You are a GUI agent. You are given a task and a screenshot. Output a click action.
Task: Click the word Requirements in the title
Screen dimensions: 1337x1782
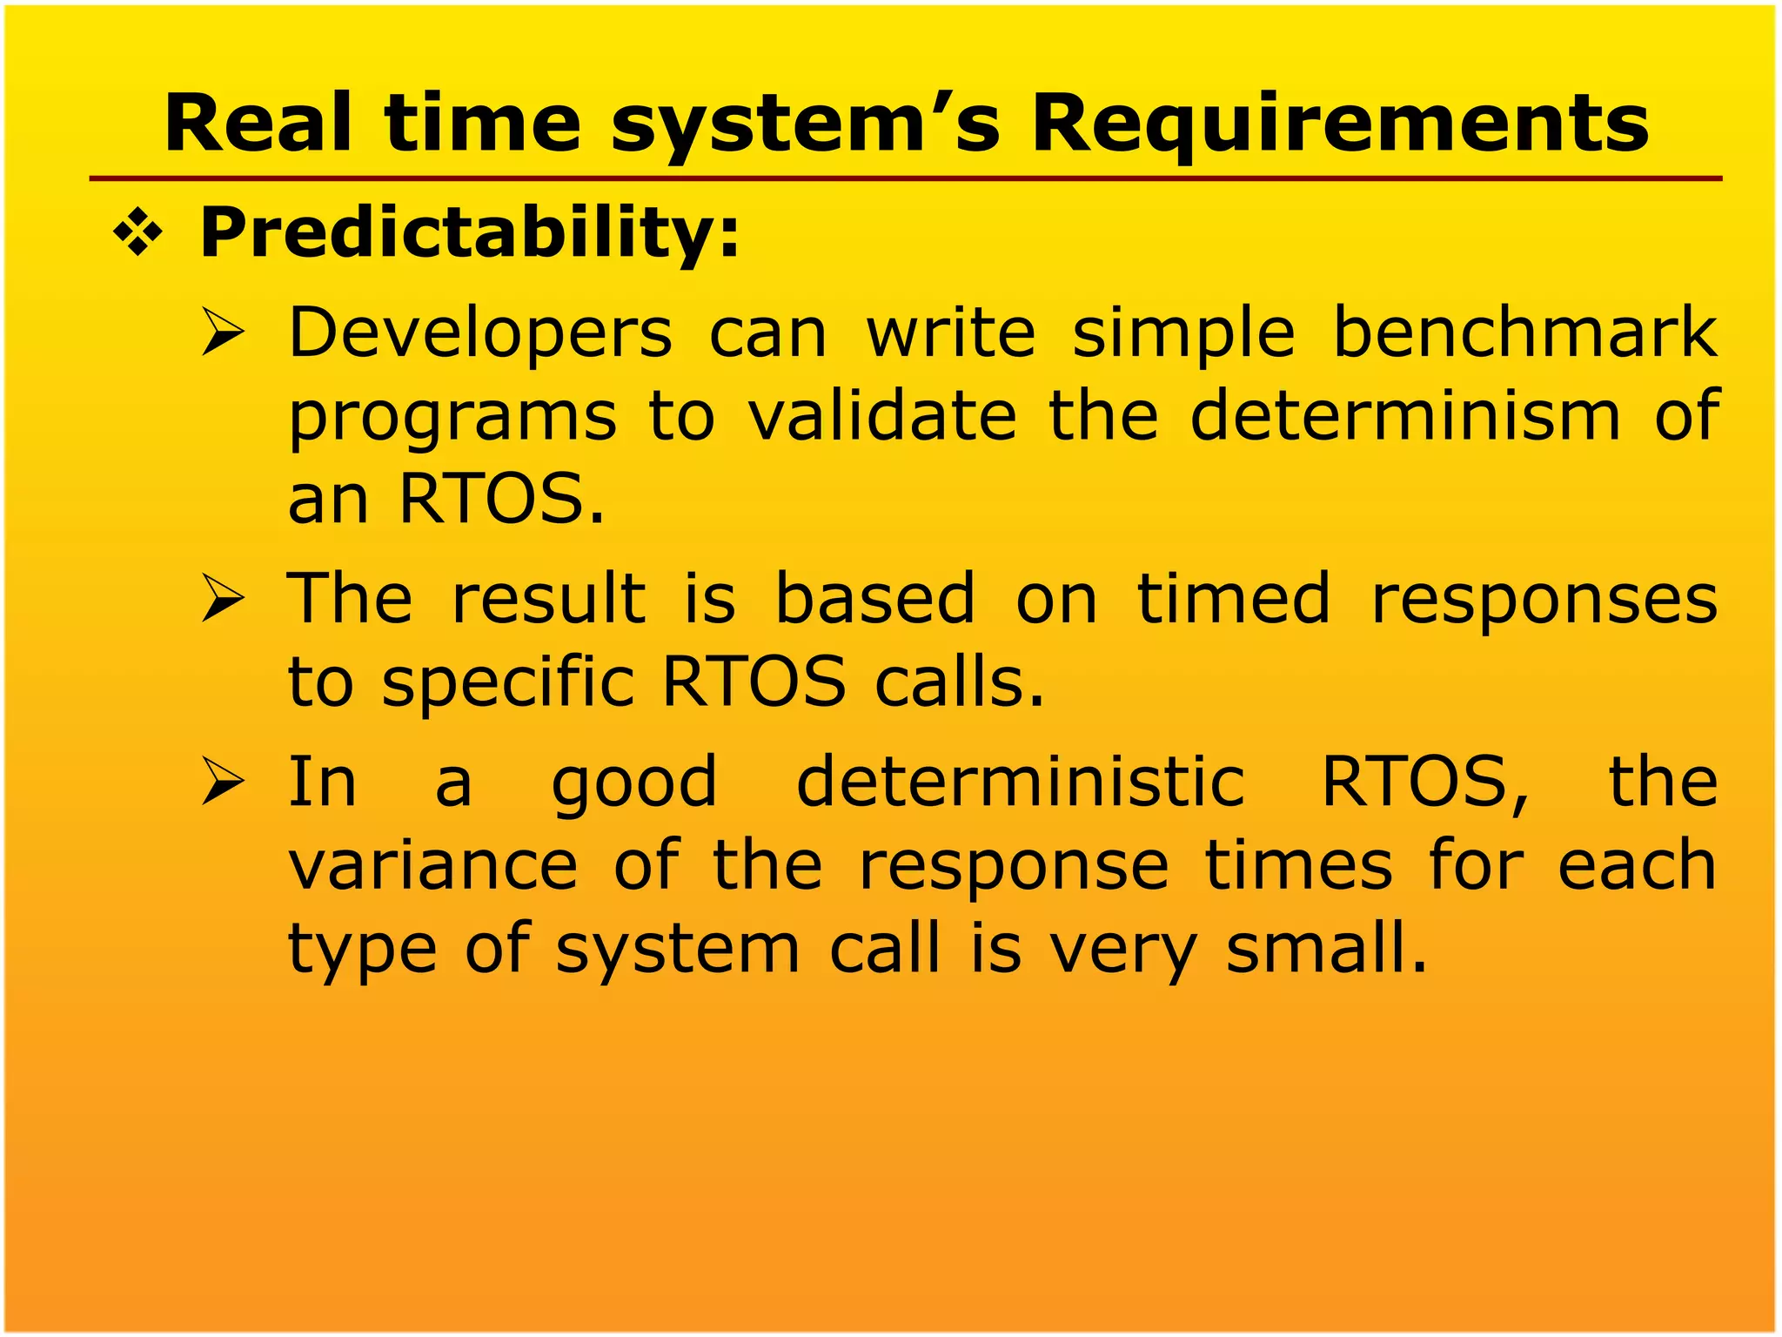coord(1339,124)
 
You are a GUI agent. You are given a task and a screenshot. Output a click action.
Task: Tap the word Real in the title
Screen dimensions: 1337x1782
coord(258,124)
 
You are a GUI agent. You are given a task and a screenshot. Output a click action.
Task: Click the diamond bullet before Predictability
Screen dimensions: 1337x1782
coord(138,233)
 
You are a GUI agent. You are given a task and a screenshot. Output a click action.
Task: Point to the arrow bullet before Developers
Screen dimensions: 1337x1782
coord(223,333)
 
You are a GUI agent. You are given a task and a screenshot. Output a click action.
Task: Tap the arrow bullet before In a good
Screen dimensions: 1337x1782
coord(223,781)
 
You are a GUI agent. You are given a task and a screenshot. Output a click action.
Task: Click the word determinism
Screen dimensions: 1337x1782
coord(1404,416)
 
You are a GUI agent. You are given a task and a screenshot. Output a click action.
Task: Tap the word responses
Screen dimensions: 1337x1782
coord(1544,601)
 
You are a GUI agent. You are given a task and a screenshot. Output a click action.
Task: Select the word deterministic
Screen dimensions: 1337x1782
coord(1021,782)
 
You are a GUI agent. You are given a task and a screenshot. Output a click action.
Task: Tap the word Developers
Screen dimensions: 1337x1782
coord(480,334)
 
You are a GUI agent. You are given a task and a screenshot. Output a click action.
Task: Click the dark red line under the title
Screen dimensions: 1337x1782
coord(905,178)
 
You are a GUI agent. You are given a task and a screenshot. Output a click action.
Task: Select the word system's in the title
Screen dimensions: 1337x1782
coord(805,124)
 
